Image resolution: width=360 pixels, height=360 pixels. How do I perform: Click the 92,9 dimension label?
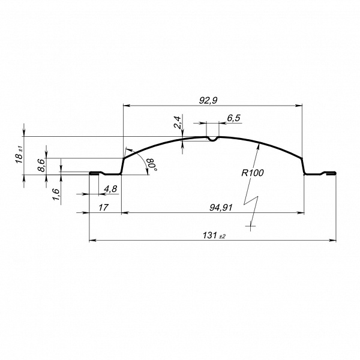point(208,101)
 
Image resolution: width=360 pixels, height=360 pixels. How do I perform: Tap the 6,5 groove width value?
point(233,118)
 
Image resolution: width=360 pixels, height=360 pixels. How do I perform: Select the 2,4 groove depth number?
point(178,122)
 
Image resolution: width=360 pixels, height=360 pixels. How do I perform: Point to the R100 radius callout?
point(253,173)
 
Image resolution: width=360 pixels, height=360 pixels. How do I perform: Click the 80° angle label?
point(152,164)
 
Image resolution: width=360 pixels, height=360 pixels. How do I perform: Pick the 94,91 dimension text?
point(221,208)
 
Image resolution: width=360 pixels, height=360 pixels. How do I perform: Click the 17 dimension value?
point(103,208)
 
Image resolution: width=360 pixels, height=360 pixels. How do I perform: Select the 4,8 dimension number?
point(110,189)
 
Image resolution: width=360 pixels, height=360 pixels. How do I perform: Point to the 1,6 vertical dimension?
point(56,194)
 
